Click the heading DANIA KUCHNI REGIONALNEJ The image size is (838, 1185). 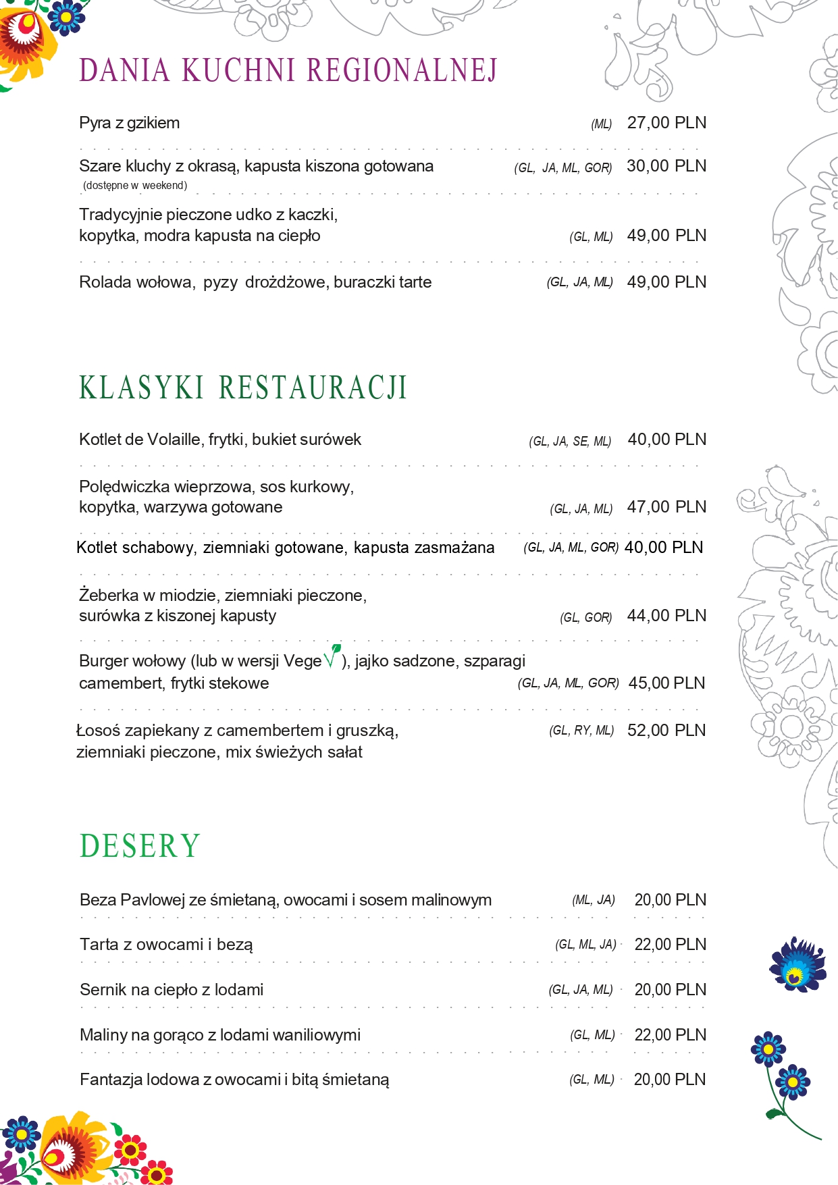pyautogui.click(x=288, y=71)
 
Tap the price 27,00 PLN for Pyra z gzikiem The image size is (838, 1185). pyautogui.click(x=666, y=123)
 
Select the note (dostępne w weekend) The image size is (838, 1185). pyautogui.click(x=135, y=186)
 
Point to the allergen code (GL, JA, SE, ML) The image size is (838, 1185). pyautogui.click(x=570, y=442)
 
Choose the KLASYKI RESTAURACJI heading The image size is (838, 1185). pyautogui.click(x=243, y=388)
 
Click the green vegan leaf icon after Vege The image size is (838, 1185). pyautogui.click(x=332, y=656)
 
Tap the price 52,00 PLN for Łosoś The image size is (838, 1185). pyautogui.click(x=666, y=731)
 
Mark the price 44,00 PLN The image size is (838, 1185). pyautogui.click(x=666, y=616)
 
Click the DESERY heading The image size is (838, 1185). pyautogui.click(x=140, y=847)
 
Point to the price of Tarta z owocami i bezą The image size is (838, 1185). pyautogui.click(x=670, y=945)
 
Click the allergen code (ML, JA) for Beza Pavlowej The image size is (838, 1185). pyautogui.click(x=594, y=900)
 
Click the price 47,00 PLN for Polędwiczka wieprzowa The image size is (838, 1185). pyautogui.click(x=666, y=507)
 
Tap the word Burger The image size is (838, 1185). pyautogui.click(x=103, y=661)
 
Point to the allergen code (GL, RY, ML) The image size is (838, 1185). pyautogui.click(x=581, y=731)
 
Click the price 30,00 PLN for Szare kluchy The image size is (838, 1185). pyautogui.click(x=666, y=166)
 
